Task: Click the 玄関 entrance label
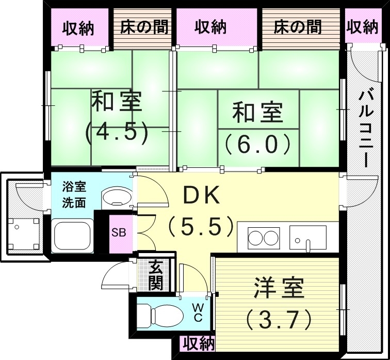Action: [x=156, y=275]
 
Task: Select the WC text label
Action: [x=198, y=312]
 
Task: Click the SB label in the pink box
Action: [x=119, y=232]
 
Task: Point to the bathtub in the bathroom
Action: [x=72, y=235]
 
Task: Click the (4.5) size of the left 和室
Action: [x=117, y=132]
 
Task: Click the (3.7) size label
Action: [x=279, y=319]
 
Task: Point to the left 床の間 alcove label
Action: [x=143, y=27]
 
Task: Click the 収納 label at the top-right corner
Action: [x=362, y=27]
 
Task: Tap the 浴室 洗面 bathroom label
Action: [x=74, y=194]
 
